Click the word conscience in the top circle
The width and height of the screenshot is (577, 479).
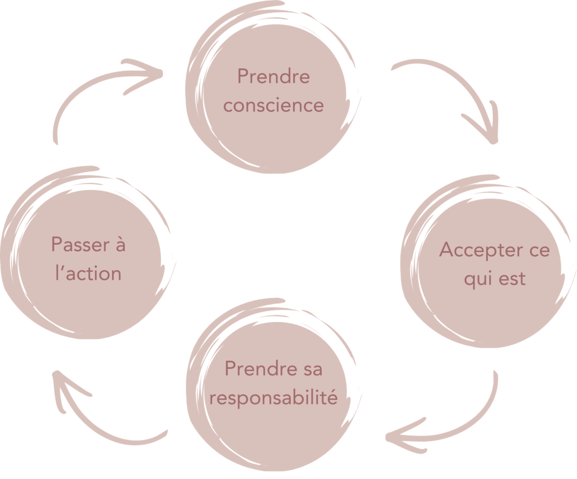tap(274, 106)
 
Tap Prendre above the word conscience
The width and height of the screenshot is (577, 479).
tap(273, 76)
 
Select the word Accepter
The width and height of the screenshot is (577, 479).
tap(474, 251)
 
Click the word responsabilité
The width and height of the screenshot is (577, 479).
tap(273, 399)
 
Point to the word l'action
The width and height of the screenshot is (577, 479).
tap(89, 274)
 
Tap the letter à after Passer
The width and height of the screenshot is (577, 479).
tap(119, 244)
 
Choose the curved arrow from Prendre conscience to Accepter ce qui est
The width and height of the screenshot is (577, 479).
tap(451, 85)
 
